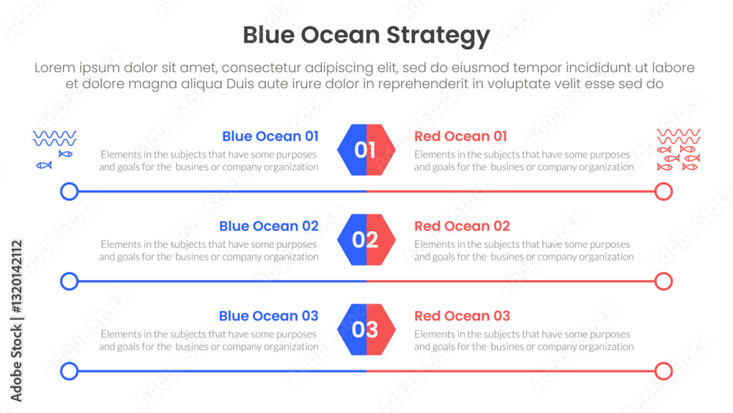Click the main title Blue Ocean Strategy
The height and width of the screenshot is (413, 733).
click(366, 35)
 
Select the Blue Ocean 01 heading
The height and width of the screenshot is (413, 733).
click(270, 136)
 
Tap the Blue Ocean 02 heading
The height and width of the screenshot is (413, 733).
click(269, 226)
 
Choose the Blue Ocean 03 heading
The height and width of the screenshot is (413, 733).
click(269, 315)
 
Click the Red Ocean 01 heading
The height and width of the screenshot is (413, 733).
click(460, 136)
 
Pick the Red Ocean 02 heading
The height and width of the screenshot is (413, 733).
click(462, 226)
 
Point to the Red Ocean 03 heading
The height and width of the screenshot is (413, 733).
click(462, 315)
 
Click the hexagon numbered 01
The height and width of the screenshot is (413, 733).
click(366, 150)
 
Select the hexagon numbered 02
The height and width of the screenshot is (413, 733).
click(366, 239)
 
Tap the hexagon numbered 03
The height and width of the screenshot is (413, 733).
click(366, 329)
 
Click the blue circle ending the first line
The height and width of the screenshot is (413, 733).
click(62, 191)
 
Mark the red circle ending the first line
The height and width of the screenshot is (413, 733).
click(671, 191)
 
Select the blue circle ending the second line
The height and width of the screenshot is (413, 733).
click(62, 282)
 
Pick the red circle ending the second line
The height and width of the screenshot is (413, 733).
click(671, 282)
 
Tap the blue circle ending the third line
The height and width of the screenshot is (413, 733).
click(62, 371)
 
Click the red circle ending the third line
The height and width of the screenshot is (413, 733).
click(671, 371)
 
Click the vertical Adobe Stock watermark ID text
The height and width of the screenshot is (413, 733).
click(16, 321)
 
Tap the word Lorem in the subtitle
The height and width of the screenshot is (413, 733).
click(55, 67)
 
